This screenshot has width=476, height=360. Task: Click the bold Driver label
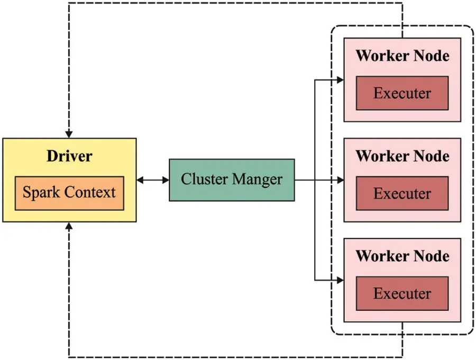coord(69,156)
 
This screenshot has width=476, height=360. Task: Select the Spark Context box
coord(69,193)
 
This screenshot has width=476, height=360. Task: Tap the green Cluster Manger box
coord(232,180)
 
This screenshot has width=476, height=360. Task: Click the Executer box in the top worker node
coord(402,93)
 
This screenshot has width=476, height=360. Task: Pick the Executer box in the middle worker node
coord(402,193)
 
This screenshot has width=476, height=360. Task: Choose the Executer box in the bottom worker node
coord(402,293)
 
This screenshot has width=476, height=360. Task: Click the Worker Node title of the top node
coord(402,56)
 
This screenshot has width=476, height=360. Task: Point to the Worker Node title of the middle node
coord(402,156)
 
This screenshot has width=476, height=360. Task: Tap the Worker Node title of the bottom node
coord(402,256)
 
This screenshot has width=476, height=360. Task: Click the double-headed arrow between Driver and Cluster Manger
coord(153,180)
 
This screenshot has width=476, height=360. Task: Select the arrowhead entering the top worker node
coord(340,80)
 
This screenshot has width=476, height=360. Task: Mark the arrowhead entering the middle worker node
coord(340,180)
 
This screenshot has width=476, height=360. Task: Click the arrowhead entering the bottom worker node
coord(340,280)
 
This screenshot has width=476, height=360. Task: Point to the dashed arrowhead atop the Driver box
coord(69,134)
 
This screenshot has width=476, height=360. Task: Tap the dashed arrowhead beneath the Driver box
coord(69,226)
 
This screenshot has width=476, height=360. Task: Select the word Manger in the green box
coord(257,179)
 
